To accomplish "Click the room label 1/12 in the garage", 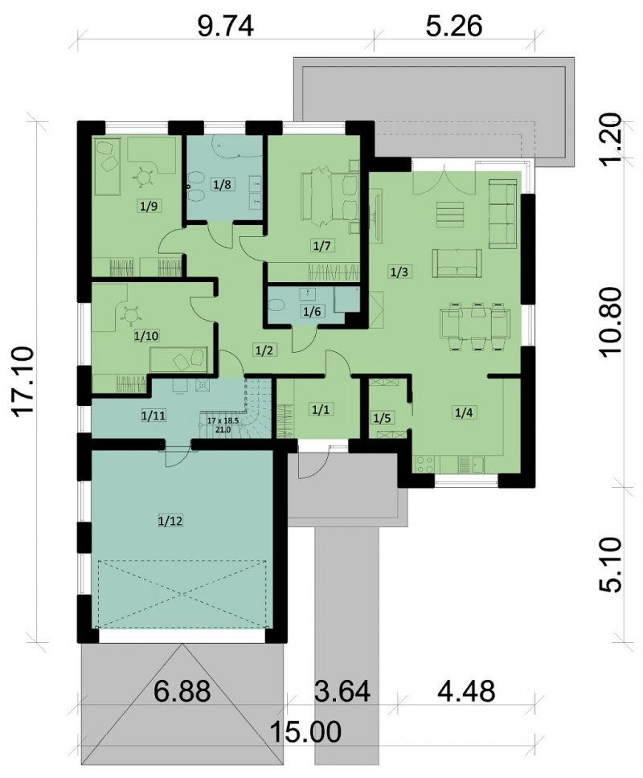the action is [x=170, y=521].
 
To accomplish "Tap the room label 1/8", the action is [x=222, y=185].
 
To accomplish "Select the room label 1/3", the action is [x=399, y=272].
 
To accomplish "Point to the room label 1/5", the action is [x=382, y=418].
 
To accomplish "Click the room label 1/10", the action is [x=146, y=336].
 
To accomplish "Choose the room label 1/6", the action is [x=312, y=312].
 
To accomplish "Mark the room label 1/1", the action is [x=321, y=410].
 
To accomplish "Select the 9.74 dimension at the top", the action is [x=226, y=27].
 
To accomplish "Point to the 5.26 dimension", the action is [x=454, y=27].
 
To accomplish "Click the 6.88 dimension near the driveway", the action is [x=182, y=690].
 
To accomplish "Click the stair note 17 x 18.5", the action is [x=223, y=421].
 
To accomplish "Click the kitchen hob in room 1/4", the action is [x=426, y=464].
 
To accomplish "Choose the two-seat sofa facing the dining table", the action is [x=457, y=263].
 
